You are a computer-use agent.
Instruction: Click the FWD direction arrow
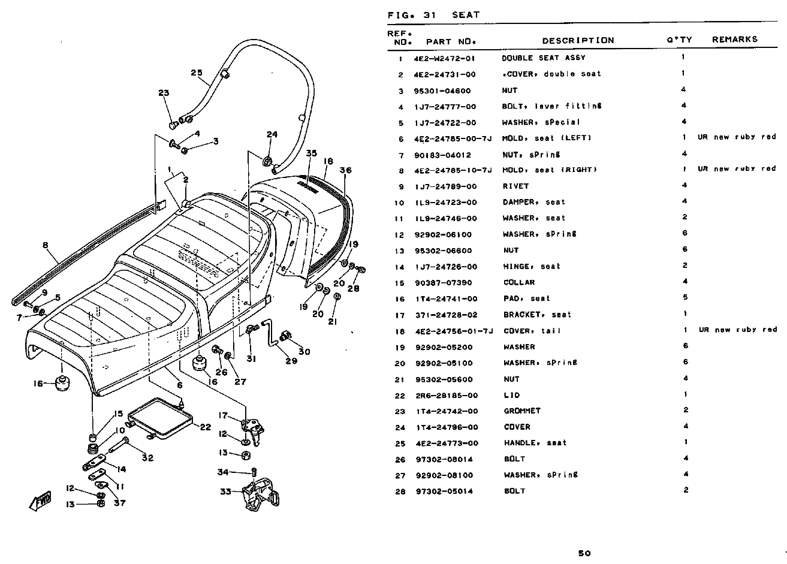pyautogui.click(x=41, y=499)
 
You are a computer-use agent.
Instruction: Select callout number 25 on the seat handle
pyautogui.click(x=197, y=73)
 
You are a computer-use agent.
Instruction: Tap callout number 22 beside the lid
pyautogui.click(x=204, y=427)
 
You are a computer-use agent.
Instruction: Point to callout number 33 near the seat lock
pyautogui.click(x=225, y=492)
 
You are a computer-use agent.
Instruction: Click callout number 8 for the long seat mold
pyautogui.click(x=45, y=245)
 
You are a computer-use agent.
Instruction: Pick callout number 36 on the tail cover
pyautogui.click(x=345, y=170)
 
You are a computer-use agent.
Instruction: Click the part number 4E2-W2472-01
pyautogui.click(x=444, y=59)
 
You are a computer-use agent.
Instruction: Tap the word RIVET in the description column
pyautogui.click(x=515, y=186)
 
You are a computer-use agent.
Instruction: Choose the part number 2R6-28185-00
pyautogui.click(x=447, y=396)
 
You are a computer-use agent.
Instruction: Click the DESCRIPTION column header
pyautogui.click(x=578, y=41)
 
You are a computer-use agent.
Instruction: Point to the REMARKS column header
pyautogui.click(x=735, y=40)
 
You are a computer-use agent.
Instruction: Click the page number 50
pyautogui.click(x=584, y=553)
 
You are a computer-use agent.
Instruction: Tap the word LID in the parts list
pyautogui.click(x=512, y=396)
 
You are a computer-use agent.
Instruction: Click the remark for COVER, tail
pyautogui.click(x=737, y=330)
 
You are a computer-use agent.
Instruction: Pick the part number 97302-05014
pyautogui.click(x=447, y=491)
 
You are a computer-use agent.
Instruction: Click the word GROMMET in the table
pyautogui.click(x=522, y=411)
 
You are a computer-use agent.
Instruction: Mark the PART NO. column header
pyautogui.click(x=451, y=42)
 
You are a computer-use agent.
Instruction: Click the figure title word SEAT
pyautogui.click(x=466, y=15)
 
